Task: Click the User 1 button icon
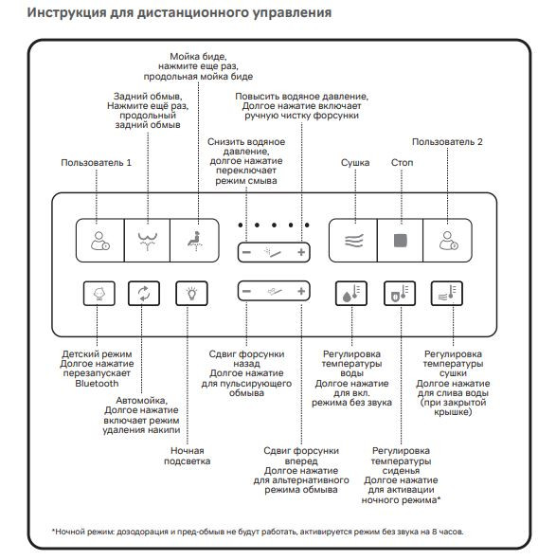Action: (x=100, y=241)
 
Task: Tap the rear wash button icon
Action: (x=148, y=241)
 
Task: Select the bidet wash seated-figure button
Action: (x=194, y=241)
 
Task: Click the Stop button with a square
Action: (x=401, y=241)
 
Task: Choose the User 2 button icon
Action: (x=449, y=241)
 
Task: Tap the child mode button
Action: (x=99, y=293)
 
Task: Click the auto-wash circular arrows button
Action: (x=144, y=293)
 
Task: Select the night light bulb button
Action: (x=191, y=293)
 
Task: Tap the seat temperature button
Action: (x=400, y=293)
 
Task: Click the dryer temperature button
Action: (x=447, y=293)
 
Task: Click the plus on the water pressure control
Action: (x=301, y=252)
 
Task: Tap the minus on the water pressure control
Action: (x=246, y=252)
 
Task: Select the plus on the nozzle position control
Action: (x=301, y=292)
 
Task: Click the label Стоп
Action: (x=403, y=163)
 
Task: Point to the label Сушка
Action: (x=355, y=163)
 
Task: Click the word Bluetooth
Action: (x=97, y=384)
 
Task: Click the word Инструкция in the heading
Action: (x=67, y=13)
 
